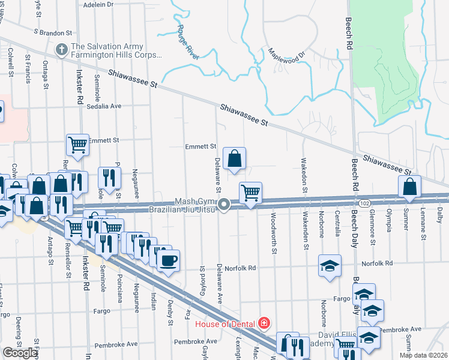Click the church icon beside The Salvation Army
pyautogui.click(x=61, y=50)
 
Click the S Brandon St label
pyautogui.click(x=53, y=32)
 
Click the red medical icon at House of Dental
pyautogui.click(x=263, y=324)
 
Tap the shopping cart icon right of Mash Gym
pyautogui.click(x=250, y=193)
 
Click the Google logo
pyautogui.click(x=20, y=353)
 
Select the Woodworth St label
pyautogui.click(x=274, y=232)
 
